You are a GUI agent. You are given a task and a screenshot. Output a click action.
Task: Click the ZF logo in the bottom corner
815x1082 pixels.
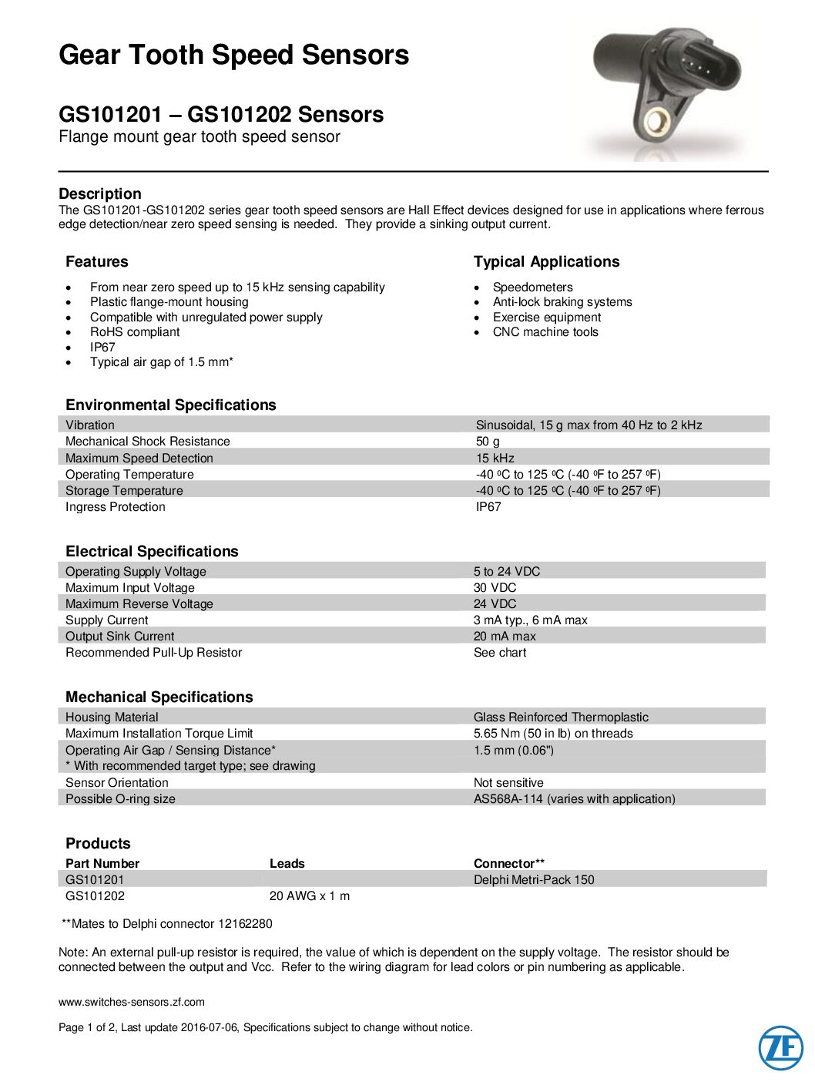[780, 1048]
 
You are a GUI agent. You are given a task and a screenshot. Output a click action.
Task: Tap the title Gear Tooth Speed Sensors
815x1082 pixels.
[234, 55]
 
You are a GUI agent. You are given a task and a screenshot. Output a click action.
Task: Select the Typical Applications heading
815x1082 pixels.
[546, 261]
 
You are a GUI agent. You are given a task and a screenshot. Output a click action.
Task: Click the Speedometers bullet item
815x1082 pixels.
[532, 287]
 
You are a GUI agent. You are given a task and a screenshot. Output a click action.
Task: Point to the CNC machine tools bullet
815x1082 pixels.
[545, 332]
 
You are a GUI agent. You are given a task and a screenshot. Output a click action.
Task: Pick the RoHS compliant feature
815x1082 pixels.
[134, 332]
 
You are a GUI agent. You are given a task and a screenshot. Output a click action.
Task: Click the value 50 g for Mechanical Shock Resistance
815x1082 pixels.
[488, 442]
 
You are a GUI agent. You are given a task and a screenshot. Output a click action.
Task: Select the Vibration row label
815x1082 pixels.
[89, 425]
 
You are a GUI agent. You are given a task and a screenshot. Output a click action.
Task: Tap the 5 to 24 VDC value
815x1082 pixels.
[507, 571]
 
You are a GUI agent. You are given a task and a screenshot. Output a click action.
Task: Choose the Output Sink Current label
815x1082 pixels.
[119, 637]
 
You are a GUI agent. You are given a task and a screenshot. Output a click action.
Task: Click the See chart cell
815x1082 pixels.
[500, 653]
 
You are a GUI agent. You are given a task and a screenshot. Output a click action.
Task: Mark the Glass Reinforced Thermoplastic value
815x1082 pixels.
[561, 717]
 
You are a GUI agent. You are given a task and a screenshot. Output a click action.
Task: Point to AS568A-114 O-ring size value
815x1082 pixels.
[574, 799]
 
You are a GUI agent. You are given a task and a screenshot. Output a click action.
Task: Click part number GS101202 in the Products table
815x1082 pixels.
[95, 896]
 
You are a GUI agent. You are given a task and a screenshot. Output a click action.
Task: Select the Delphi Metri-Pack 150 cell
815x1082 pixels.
[534, 880]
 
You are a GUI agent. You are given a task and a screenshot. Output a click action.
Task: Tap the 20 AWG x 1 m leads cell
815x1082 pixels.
[310, 896]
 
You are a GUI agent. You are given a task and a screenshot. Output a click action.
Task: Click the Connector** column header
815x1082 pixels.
[509, 864]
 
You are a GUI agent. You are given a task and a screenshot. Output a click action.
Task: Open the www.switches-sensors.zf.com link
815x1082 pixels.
[132, 1002]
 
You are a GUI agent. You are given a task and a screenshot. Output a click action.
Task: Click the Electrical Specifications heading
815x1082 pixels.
[152, 551]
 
